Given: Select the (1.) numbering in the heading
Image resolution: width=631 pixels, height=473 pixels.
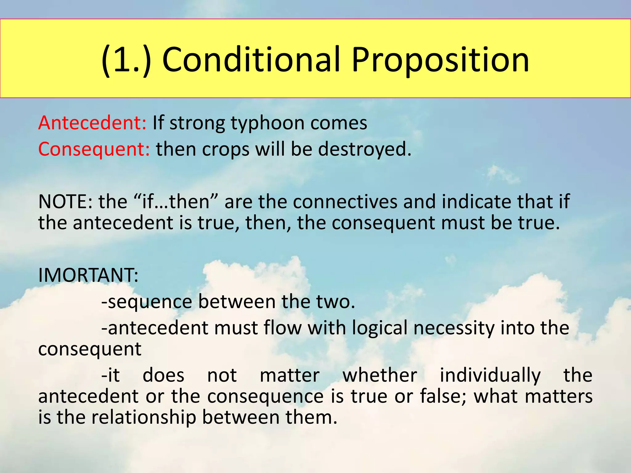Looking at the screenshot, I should coord(126,60).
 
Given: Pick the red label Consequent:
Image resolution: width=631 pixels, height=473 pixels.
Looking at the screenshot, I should coord(94,149).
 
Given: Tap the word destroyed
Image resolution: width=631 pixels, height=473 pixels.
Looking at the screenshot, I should coord(365,149).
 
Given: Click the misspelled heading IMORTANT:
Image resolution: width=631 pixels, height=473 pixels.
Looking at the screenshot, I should coord(88,275).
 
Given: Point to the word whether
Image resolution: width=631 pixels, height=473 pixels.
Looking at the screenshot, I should coord(380,375).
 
